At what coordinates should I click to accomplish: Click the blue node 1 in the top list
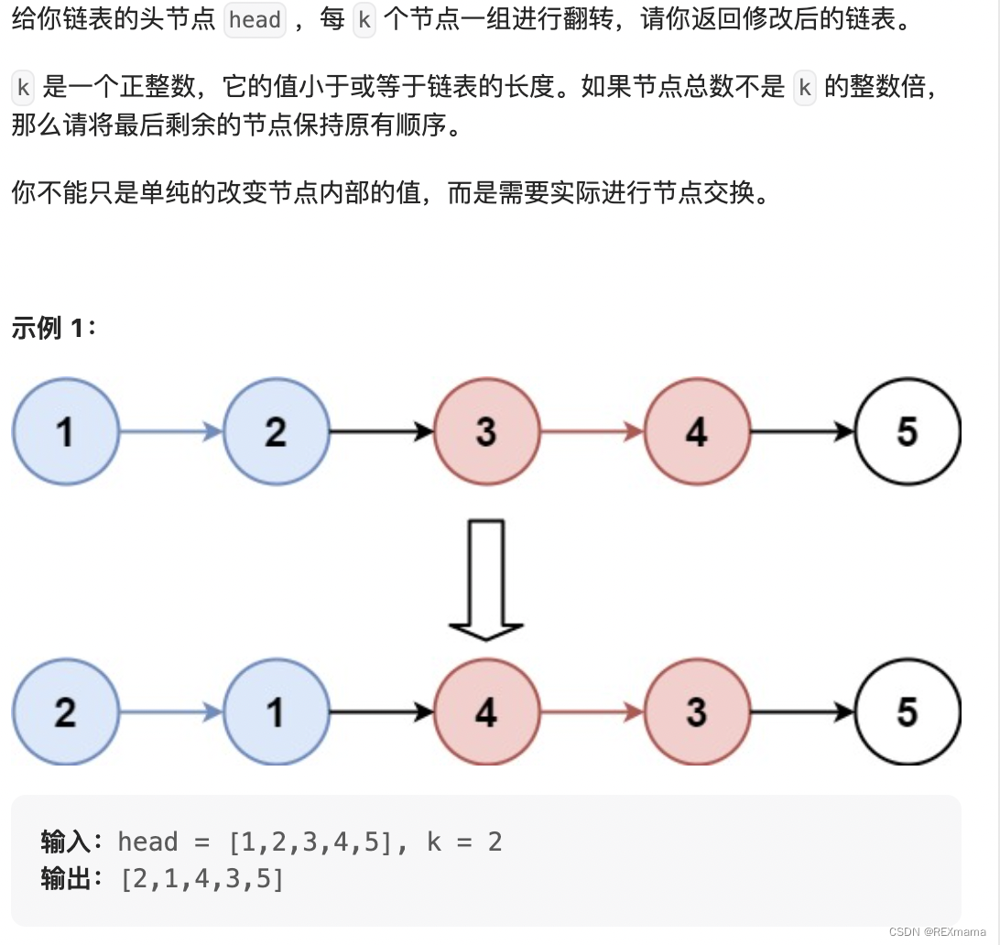coord(66,431)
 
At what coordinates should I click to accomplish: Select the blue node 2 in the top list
coord(276,431)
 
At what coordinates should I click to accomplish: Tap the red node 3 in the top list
coord(486,431)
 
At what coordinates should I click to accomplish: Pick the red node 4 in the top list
coord(697,431)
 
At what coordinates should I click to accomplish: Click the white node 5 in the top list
coord(908,431)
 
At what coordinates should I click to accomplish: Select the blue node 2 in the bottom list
coord(66,711)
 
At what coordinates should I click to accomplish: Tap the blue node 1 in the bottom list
coord(276,711)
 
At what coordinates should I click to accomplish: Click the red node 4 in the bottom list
coord(486,711)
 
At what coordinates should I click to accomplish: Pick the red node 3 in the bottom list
coord(697,711)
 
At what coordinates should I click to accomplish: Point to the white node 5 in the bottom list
coord(908,711)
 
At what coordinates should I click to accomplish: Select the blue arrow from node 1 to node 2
coord(171,431)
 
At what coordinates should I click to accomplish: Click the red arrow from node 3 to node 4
coord(592,431)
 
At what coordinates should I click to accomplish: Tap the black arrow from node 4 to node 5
coord(802,431)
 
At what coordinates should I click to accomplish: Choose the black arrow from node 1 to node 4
coord(381,711)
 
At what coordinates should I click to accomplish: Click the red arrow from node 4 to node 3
coord(592,711)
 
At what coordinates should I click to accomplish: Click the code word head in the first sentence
coord(255,20)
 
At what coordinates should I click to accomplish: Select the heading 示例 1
coord(53,328)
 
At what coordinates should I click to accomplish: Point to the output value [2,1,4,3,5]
coord(202,879)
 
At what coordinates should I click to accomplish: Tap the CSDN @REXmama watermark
coord(938,930)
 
